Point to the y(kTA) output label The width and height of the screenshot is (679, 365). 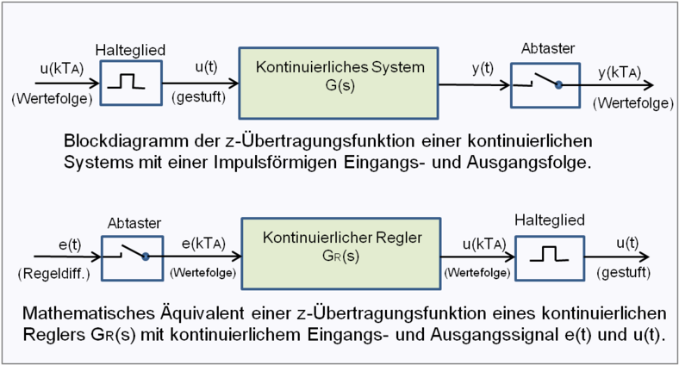coord(626,75)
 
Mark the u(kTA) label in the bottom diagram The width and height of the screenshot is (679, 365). coord(473,244)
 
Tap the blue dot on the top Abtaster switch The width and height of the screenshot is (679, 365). coord(558,84)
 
